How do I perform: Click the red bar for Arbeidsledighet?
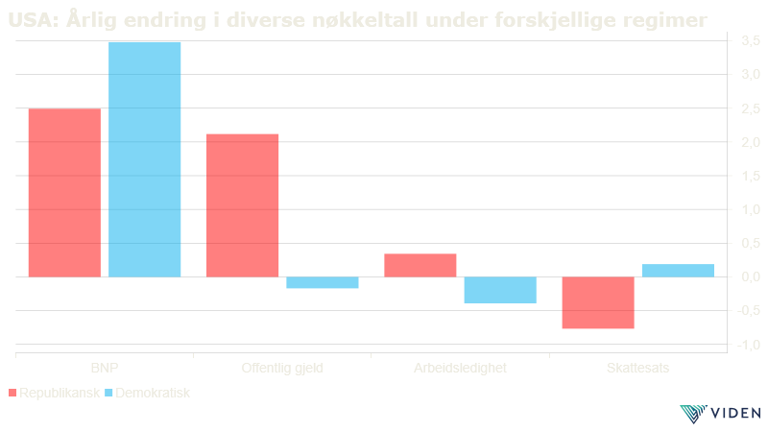tap(420, 265)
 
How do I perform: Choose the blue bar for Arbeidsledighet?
tap(500, 290)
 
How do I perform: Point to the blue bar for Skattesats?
tap(678, 270)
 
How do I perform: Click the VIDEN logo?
tap(720, 414)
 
